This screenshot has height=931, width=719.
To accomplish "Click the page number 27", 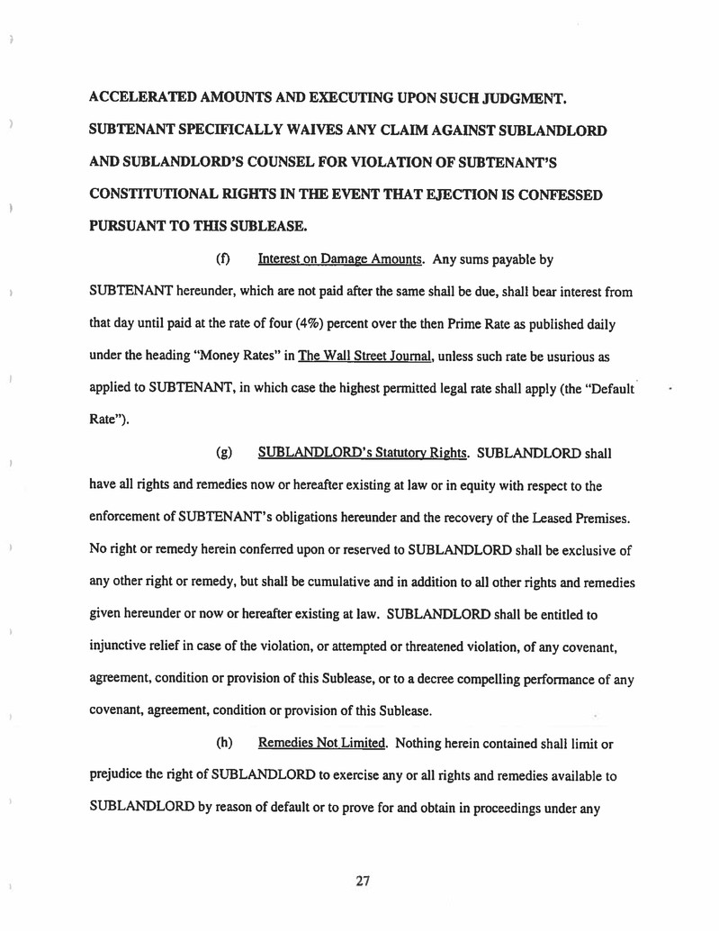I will pos(363,881).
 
